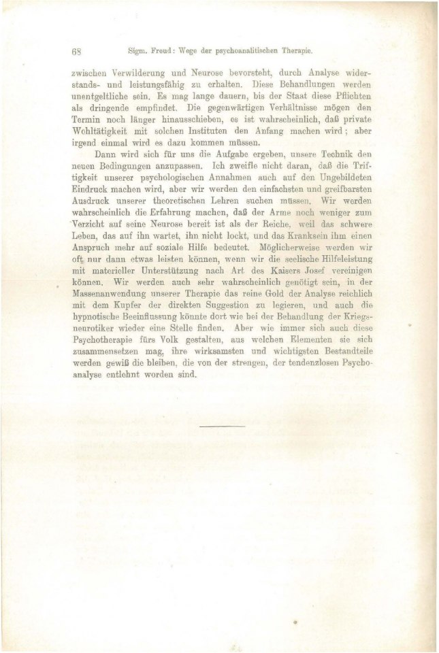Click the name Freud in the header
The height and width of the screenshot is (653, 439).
tap(167, 50)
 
